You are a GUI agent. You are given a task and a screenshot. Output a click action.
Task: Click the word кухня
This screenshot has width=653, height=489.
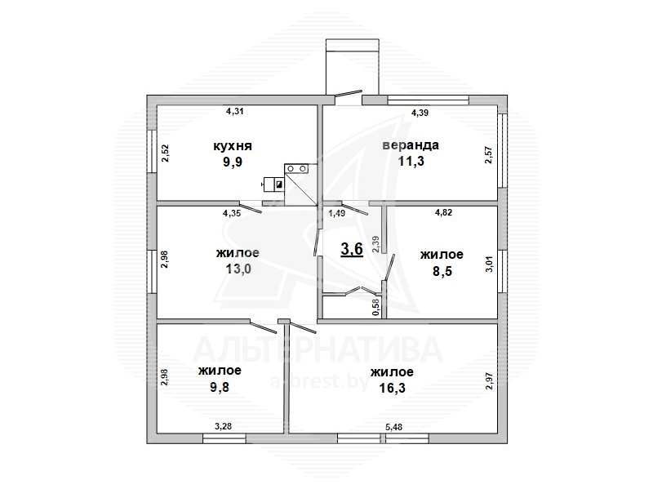[x=233, y=146]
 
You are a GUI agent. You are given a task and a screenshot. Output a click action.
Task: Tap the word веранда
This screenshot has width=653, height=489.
[x=411, y=145]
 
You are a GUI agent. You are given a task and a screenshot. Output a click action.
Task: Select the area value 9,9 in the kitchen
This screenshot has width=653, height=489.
[x=233, y=162]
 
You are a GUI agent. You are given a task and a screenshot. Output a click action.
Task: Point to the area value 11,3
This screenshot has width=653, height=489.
[x=411, y=161]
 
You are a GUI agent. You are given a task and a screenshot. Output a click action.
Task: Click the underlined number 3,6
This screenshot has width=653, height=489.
[x=352, y=249]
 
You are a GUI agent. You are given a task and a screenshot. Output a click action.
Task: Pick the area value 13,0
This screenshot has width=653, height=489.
[x=238, y=269]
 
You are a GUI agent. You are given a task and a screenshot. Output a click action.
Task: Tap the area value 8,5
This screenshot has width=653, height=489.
[x=442, y=272]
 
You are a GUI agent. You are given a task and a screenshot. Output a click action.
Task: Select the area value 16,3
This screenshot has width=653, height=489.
[x=393, y=389]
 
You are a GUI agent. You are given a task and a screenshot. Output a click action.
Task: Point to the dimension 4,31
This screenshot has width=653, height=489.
[x=234, y=111]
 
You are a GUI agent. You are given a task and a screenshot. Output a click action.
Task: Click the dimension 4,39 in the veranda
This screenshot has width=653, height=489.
[x=420, y=113]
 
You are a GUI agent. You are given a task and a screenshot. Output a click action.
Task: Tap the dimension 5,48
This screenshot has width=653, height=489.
[x=393, y=427]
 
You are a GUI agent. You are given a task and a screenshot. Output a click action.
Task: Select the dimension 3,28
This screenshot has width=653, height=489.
[x=223, y=426]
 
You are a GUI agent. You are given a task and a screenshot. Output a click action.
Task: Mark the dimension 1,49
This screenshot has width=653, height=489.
[x=337, y=213]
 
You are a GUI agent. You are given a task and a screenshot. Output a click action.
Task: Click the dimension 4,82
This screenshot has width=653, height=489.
[x=443, y=212]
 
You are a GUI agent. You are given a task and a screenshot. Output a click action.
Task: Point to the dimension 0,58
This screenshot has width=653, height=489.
[x=376, y=308]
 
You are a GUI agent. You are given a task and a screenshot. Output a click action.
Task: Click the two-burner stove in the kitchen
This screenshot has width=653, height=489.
[x=296, y=168]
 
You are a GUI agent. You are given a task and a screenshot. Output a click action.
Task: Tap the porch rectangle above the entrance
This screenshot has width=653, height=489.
[x=353, y=66]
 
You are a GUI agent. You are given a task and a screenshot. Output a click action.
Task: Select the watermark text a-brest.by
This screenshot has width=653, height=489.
[x=320, y=381]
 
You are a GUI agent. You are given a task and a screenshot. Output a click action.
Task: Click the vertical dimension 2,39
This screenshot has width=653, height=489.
[x=375, y=244]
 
